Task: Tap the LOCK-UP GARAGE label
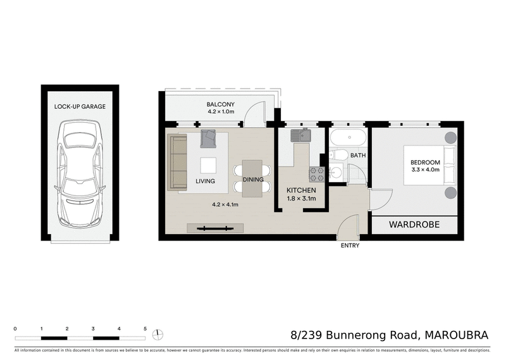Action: [80, 107]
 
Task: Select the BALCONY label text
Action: [221, 104]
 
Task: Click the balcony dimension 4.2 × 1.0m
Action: [221, 112]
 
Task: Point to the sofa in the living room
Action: [177, 162]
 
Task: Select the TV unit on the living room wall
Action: [214, 228]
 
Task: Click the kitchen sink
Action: [302, 135]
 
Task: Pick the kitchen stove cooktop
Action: [316, 175]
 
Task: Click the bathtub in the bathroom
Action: [349, 137]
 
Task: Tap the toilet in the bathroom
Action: [339, 155]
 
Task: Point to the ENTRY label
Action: [350, 245]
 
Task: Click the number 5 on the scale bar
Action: [145, 329]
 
